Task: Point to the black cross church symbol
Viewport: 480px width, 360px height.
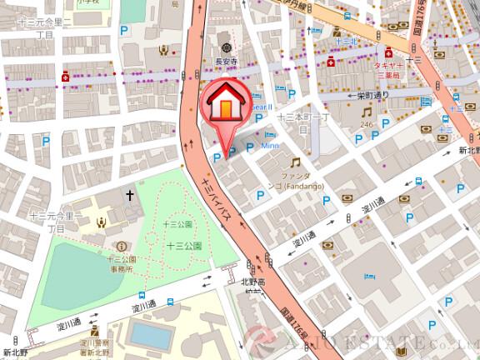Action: click(130, 195)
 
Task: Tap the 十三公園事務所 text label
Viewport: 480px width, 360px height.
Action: click(122, 264)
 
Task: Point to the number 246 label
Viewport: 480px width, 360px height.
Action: click(366, 124)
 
